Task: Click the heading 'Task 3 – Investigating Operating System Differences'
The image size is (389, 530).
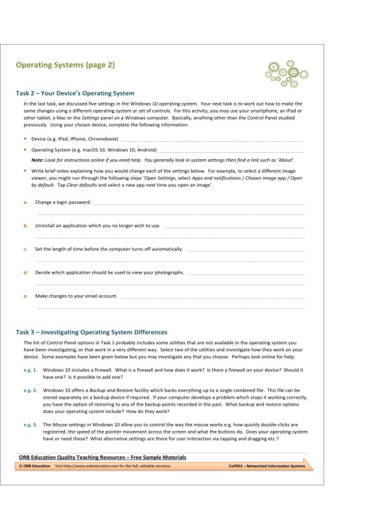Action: point(91,332)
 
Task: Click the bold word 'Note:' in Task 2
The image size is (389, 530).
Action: point(38,159)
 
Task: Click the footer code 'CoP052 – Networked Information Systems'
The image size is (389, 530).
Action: point(266,466)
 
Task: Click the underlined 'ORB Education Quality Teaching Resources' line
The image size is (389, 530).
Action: point(102,457)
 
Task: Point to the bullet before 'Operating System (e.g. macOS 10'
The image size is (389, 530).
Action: point(25,149)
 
